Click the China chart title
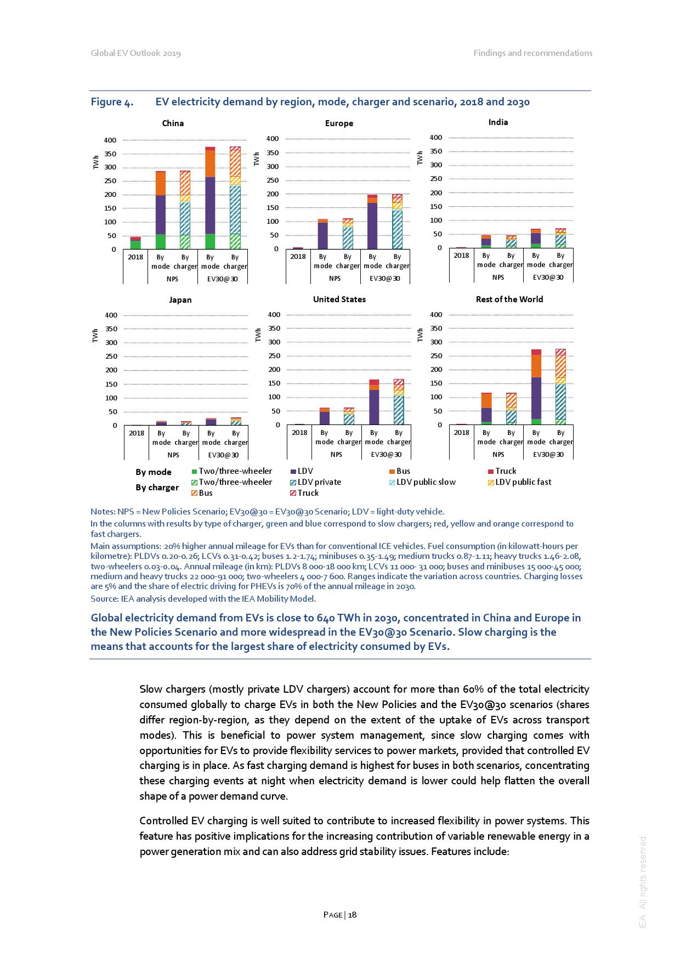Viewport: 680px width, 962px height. [173, 123]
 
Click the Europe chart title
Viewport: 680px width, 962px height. [339, 123]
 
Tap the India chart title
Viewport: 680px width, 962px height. [498, 122]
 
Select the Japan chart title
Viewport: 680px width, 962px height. [180, 300]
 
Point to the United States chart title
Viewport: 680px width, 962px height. [339, 299]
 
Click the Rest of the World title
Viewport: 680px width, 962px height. [509, 299]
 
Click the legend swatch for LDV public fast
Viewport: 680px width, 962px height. [491, 483]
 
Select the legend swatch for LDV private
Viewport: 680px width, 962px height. [293, 483]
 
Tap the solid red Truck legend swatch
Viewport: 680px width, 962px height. [491, 472]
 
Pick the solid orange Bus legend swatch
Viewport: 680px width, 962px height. [392, 472]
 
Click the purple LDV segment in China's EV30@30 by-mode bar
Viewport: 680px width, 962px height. [210, 206]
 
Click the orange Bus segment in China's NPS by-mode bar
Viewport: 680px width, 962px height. [160, 184]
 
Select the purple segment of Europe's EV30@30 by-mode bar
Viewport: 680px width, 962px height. [372, 225]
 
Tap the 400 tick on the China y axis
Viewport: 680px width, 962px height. [110, 140]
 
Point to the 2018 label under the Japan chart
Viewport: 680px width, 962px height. [137, 433]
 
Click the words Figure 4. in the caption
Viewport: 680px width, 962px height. [112, 102]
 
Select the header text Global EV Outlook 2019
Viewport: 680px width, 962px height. [135, 53]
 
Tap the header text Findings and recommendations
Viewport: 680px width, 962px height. [533, 53]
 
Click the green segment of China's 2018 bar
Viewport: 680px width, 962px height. [135, 245]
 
